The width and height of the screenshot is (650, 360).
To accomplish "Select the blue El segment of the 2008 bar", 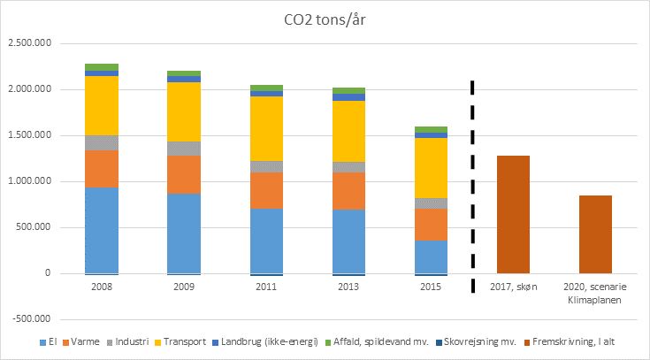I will (102, 230).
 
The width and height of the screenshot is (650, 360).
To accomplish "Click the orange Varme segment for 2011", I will (267, 190).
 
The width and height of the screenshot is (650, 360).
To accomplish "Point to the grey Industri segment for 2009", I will (184, 148).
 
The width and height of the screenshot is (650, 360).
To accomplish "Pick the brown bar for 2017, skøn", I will (514, 214).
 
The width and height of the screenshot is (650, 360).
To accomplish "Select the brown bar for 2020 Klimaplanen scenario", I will (595, 234).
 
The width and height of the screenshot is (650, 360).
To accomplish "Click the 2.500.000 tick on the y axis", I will (28, 43).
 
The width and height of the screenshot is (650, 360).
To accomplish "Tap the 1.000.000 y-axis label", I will (28, 181).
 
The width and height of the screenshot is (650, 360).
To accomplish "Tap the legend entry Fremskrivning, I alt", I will (570, 341).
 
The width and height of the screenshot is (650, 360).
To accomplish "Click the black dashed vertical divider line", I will (471, 177).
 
